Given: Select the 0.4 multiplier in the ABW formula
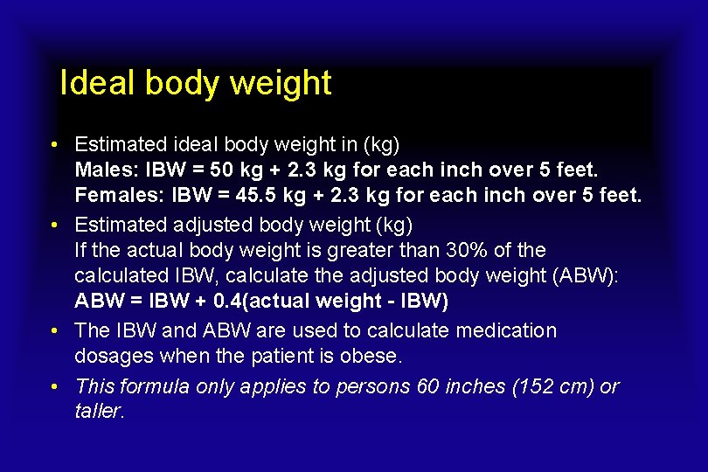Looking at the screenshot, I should click(226, 302).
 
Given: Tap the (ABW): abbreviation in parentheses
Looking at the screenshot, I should click(587, 276).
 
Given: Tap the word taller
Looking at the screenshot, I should click(100, 411).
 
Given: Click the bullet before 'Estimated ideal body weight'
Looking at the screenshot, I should click(54, 142).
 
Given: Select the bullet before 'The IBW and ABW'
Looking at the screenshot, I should click(54, 330).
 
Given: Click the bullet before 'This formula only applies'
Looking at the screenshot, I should click(54, 385).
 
